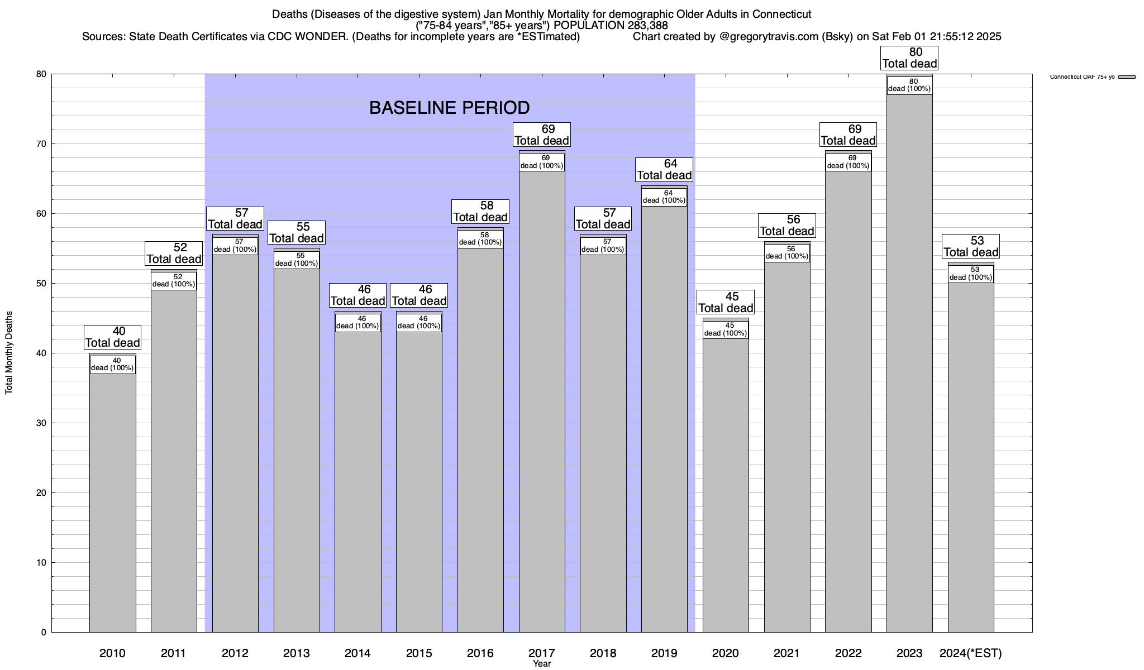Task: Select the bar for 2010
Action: pos(112,502)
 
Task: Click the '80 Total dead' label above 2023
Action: pos(909,58)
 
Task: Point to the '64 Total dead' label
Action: pos(664,170)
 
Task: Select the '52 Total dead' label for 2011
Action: pos(174,253)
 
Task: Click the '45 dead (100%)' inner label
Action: pos(726,329)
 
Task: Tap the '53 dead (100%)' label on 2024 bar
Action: pos(971,274)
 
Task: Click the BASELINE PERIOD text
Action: pos(449,108)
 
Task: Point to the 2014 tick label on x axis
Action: pos(357,653)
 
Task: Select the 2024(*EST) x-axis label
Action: pos(971,653)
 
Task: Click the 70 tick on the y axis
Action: pos(41,144)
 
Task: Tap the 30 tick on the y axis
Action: pos(41,423)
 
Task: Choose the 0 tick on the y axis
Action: pos(44,632)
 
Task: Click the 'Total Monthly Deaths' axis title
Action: pos(9,353)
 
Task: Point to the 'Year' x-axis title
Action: pos(541,664)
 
